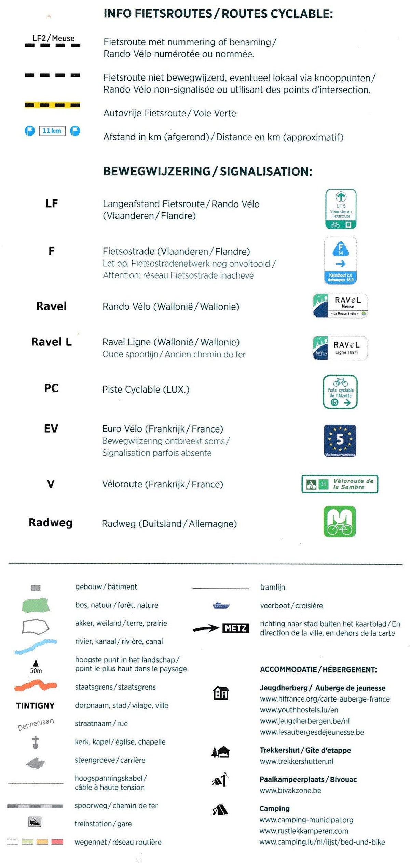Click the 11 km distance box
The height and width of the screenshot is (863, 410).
point(52,131)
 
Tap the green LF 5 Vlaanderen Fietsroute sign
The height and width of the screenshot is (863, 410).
point(341,209)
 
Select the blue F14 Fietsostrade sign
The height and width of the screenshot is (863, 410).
point(340,260)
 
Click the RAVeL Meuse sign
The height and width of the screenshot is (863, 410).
point(340,306)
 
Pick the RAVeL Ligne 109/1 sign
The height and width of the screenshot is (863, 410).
point(340,348)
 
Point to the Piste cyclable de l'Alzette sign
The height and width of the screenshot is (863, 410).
point(340,392)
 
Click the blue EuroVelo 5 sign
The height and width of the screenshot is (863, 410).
point(340,441)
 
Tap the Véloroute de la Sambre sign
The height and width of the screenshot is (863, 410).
point(340,484)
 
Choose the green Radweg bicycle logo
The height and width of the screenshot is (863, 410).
point(340,521)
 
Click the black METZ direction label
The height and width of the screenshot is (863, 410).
point(236,628)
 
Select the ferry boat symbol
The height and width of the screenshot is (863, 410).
point(221,606)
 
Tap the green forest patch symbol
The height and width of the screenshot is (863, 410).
point(36,605)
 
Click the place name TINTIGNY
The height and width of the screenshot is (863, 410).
point(36,706)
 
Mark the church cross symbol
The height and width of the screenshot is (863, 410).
point(36,742)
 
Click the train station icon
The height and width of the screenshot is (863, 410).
point(35,822)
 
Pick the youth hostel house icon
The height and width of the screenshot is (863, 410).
point(221,693)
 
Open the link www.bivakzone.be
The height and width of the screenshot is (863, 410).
point(290,791)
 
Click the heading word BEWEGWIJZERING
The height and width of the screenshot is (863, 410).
point(157,171)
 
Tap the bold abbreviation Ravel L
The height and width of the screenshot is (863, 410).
point(51,342)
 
